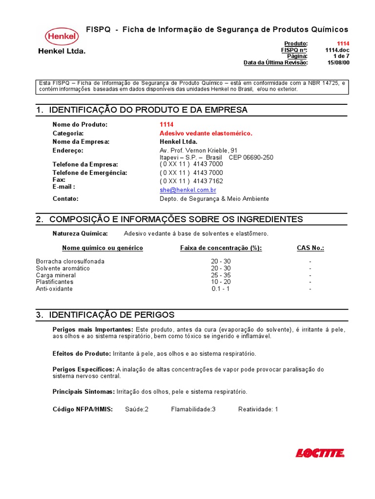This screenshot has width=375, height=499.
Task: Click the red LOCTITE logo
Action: [x=320, y=453]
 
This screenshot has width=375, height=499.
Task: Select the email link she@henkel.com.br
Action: [x=188, y=190]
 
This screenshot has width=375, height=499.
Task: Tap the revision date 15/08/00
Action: [x=338, y=62]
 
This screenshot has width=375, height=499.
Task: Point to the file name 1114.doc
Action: [x=337, y=50]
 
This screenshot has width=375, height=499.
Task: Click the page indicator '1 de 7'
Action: [x=341, y=56]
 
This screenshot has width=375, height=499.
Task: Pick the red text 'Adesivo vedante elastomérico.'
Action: [x=206, y=133]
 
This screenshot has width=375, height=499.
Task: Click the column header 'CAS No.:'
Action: [x=311, y=248]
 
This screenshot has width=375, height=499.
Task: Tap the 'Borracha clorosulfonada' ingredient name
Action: [x=70, y=261]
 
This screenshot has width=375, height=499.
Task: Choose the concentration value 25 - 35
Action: [x=221, y=275]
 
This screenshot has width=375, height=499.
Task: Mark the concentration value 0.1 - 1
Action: [x=221, y=288]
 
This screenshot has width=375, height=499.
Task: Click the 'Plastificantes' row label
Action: [x=55, y=282]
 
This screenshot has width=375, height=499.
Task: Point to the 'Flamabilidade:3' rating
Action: [x=193, y=409]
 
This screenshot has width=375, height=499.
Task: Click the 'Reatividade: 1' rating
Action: [x=258, y=409]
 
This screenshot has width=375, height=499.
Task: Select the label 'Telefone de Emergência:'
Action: [x=90, y=173]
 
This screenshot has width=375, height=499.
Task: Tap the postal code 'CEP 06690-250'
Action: [x=251, y=157]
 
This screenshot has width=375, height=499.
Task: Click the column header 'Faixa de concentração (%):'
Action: [x=221, y=248]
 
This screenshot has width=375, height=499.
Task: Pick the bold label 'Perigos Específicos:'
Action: [x=83, y=369]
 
